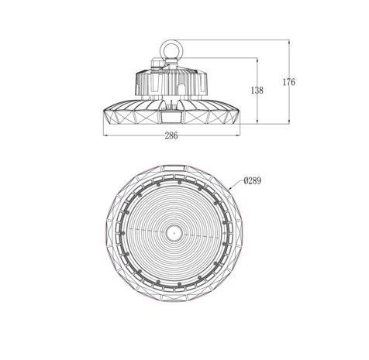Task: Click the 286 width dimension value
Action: click(171, 135)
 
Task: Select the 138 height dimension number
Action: click(257, 91)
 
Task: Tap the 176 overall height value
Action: click(288, 82)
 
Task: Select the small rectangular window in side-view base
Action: click(171, 118)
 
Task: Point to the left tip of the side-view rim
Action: click(105, 113)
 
